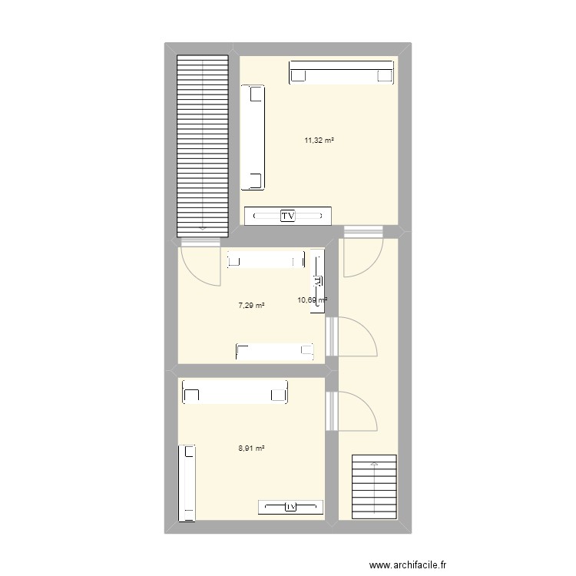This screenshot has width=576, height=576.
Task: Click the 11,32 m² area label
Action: (319, 140)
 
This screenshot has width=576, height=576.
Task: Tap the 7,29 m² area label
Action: (252, 305)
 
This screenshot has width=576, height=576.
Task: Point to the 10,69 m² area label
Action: (312, 300)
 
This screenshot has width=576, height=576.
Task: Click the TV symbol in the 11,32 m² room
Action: (288, 217)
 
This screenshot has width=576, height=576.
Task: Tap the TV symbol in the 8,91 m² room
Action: (291, 507)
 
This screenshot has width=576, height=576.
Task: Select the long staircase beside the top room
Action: (203, 146)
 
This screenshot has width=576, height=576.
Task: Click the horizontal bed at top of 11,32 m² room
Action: (342, 73)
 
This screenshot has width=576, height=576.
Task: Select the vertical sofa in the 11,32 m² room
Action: (253, 137)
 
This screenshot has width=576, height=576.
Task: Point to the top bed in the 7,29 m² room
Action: (264, 261)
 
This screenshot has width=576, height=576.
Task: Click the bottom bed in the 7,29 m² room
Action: (276, 352)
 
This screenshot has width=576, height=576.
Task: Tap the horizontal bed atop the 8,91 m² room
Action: (235, 393)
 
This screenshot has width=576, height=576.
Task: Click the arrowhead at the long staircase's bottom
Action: (203, 228)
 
